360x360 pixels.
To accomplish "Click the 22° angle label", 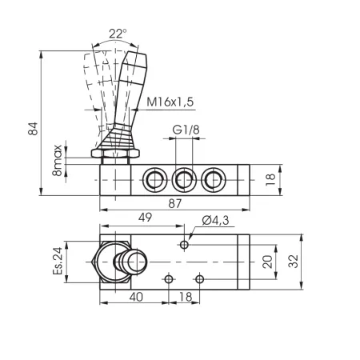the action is pyautogui.click(x=118, y=34).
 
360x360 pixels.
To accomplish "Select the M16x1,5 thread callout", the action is pyautogui.click(x=170, y=102).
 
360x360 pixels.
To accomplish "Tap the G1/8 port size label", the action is pyautogui.click(x=186, y=130).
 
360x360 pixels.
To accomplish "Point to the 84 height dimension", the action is pyautogui.click(x=34, y=129).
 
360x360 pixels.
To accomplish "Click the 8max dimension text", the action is pyautogui.click(x=57, y=161).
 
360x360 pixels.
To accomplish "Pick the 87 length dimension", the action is pyautogui.click(x=175, y=204).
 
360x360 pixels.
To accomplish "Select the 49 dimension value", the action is pyautogui.click(x=146, y=218).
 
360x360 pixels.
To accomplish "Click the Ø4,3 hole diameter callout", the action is pyautogui.click(x=215, y=221).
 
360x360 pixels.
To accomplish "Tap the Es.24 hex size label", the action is pyautogui.click(x=58, y=261).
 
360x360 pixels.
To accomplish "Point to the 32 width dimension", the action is pyautogui.click(x=294, y=262).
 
